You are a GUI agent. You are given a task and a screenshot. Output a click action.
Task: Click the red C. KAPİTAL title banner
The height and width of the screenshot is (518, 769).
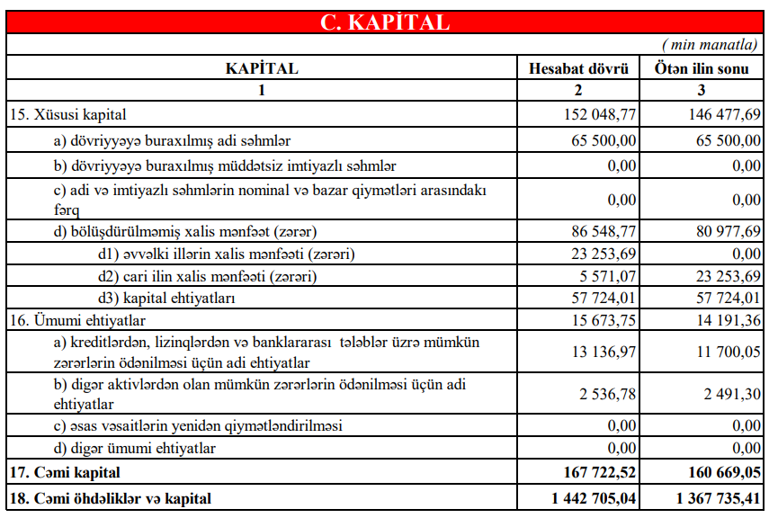click(384, 22)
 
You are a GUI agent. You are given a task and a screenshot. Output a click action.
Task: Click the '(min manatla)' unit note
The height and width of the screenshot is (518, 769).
click(710, 44)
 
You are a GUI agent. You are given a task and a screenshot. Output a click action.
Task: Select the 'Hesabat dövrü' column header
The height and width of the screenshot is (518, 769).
click(578, 68)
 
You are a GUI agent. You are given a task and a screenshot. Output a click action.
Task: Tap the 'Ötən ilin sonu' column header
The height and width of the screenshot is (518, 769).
click(702, 68)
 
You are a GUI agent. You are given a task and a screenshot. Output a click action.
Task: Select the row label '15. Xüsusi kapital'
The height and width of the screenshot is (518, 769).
click(67, 115)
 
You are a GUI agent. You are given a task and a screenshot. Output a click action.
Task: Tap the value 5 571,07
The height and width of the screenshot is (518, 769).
click(608, 275)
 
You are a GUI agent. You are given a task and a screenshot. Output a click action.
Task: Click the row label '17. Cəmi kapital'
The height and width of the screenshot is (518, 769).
click(64, 472)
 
